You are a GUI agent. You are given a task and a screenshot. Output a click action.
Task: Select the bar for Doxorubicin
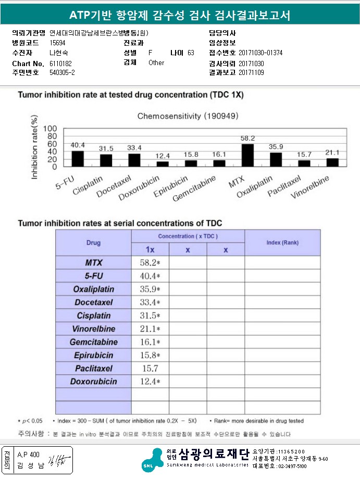click(163, 163)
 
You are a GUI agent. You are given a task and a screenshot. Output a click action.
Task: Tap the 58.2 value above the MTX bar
click(248, 138)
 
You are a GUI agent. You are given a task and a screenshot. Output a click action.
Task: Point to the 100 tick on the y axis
click(50, 129)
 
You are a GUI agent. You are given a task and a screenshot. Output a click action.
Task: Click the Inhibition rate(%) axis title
click(35, 148)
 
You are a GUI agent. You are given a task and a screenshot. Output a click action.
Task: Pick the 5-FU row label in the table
click(93, 275)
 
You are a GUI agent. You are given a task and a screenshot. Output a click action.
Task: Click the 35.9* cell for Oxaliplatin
click(150, 289)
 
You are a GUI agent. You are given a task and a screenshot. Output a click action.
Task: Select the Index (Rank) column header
click(282, 243)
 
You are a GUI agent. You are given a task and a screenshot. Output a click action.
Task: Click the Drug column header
click(93, 243)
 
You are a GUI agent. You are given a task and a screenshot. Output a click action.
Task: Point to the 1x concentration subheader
click(150, 250)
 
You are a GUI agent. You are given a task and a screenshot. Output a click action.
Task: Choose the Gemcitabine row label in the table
click(93, 342)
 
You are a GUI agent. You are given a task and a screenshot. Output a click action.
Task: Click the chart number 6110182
click(60, 63)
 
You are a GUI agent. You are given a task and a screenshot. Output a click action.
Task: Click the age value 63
click(191, 53)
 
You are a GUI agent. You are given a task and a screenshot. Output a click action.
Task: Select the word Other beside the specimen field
click(156, 63)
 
